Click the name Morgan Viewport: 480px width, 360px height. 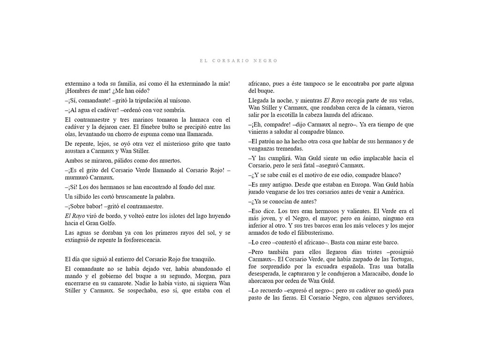pos(192,276)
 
